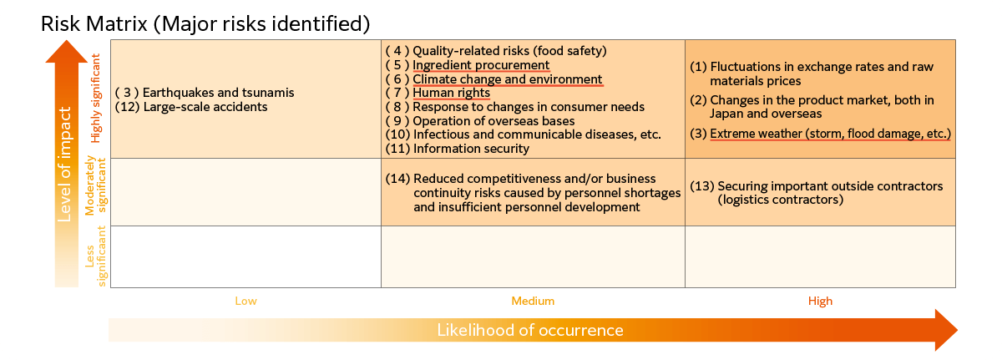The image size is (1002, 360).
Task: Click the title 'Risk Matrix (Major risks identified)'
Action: click(x=205, y=24)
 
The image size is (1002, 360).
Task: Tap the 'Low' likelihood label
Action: click(x=246, y=301)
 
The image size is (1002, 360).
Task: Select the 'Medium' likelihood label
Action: click(x=533, y=301)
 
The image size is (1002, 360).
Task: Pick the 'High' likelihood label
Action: click(x=820, y=301)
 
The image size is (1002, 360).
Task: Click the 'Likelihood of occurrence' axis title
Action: click(x=530, y=330)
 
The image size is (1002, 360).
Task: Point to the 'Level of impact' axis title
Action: click(x=64, y=164)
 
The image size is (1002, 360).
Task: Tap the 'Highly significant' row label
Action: click(x=96, y=99)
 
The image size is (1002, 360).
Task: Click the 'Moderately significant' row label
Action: click(x=96, y=185)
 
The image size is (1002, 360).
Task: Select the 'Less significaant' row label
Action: click(x=96, y=256)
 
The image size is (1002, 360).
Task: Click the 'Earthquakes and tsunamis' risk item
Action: click(x=218, y=93)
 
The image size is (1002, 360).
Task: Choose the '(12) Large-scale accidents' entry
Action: click(x=191, y=107)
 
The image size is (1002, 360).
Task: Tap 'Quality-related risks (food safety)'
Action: click(x=509, y=51)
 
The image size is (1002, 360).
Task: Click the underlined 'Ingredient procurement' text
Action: click(x=481, y=65)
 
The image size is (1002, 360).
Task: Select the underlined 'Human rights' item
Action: click(x=452, y=93)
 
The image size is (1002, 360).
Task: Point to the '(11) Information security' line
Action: click(x=458, y=149)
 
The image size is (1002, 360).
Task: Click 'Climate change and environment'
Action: click(x=508, y=79)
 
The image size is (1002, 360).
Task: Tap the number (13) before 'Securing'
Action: click(x=702, y=186)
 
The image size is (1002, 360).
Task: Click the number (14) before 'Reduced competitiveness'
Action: click(x=397, y=179)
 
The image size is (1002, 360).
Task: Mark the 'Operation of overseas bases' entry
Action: click(x=493, y=121)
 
